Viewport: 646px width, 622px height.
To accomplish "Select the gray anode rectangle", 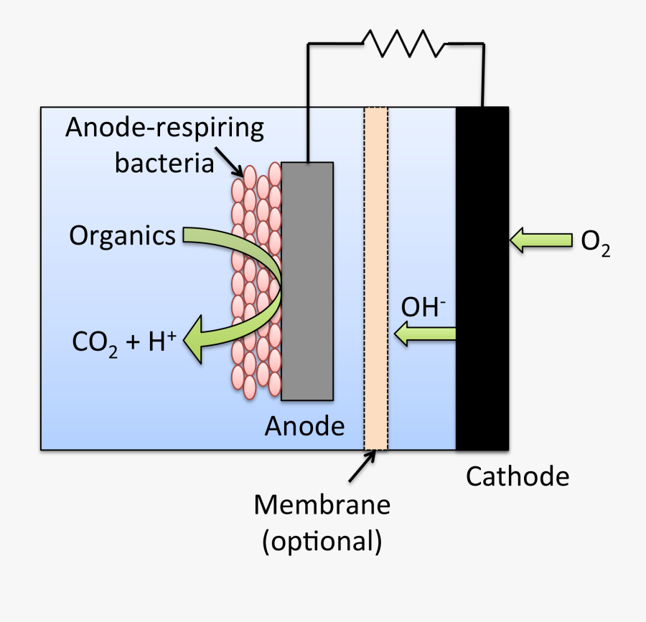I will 307,281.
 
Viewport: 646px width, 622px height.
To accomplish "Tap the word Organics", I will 122,235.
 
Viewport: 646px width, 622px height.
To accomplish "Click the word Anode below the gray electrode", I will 304,426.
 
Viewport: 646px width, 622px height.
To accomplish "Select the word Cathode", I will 518,476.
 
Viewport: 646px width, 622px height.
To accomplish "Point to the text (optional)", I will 322,541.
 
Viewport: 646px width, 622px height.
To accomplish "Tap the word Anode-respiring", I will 164,128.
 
